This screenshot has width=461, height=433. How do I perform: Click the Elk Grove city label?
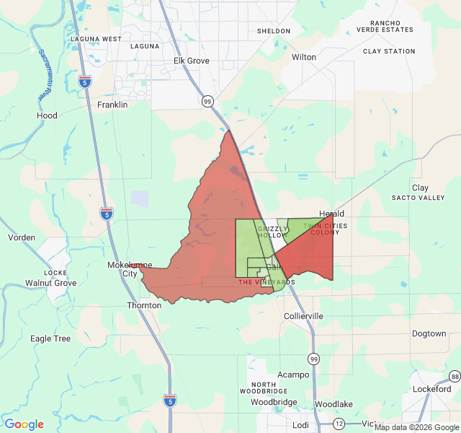click(192, 61)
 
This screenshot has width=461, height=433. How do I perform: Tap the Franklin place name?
click(112, 105)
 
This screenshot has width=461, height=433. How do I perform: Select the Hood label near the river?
click(47, 115)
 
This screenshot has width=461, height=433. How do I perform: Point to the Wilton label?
click(304, 56)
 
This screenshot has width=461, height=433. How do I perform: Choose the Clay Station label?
click(389, 51)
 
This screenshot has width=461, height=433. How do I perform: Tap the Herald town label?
click(331, 214)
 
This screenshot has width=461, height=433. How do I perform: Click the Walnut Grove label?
click(50, 283)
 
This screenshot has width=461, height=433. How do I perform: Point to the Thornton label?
click(144, 305)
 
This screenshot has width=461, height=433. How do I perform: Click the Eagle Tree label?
click(50, 338)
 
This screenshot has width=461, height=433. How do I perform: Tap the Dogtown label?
click(429, 333)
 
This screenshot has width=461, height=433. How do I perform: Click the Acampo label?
click(293, 375)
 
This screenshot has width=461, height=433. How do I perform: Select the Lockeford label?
click(432, 388)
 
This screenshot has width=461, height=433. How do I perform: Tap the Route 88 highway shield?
click(455, 377)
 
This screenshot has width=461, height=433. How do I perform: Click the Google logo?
click(24, 424)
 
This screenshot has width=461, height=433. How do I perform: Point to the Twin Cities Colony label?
click(326, 229)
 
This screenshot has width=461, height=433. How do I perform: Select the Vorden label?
click(22, 237)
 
